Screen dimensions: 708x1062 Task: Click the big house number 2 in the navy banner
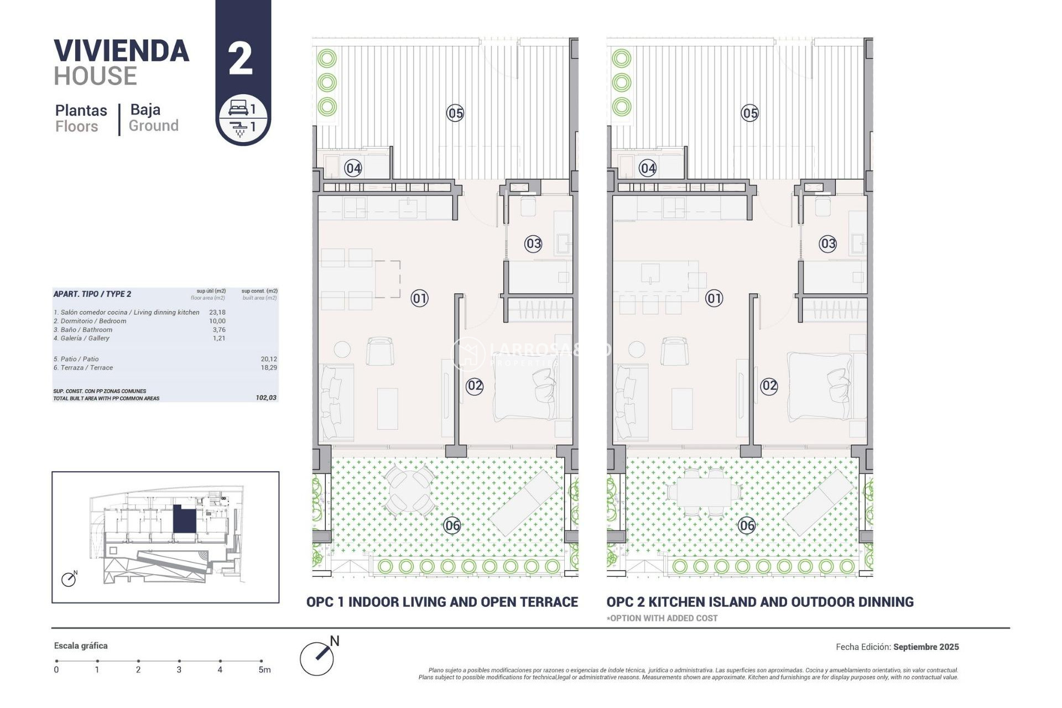241,59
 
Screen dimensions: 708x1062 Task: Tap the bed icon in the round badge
238,108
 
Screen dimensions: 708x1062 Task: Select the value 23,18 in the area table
217,313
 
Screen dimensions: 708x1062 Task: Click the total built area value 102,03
266,398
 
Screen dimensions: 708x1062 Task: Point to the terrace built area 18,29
269,368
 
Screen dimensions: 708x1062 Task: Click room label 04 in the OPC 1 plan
353,168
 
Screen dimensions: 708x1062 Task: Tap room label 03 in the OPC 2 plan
827,243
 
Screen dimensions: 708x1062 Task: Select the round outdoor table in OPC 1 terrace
410,490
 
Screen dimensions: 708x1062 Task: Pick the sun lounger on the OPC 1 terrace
524,502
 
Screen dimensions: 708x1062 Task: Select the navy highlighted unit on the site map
184,519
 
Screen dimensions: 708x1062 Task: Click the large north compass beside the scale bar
317,658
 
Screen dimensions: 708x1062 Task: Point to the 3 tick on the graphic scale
179,662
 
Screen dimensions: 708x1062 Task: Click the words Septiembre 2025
926,647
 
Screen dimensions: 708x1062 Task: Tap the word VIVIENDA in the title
122,51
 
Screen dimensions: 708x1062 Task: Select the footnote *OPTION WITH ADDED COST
662,618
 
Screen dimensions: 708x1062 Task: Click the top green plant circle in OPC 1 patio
327,58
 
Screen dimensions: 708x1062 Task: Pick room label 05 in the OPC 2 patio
749,113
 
